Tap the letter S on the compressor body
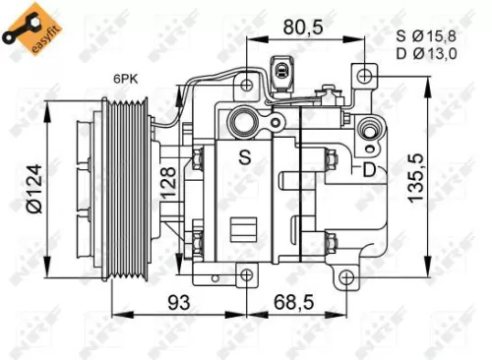click(x=244, y=155)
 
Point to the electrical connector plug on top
click(x=284, y=70)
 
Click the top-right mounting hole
click(x=366, y=75)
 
